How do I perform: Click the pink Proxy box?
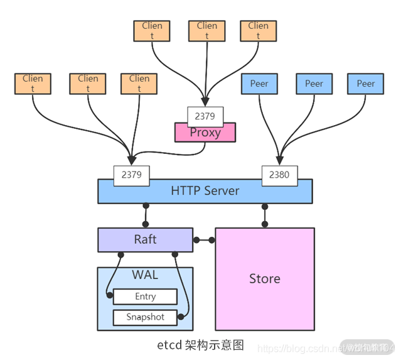pos(205,133)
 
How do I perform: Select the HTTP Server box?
pos(205,191)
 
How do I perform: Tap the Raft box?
pos(145,239)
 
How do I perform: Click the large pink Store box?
pos(264,278)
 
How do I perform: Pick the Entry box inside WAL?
pos(145,297)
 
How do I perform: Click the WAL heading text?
pos(145,275)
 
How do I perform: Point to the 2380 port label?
pos(279,175)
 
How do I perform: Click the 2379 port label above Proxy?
pos(205,116)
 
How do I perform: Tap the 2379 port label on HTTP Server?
pos(131,175)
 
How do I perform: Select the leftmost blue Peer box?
pos(259,84)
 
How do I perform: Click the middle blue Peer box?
pos(314,84)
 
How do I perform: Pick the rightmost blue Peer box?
pos(366,84)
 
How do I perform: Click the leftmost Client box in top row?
pos(152,31)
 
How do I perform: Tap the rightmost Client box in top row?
pos(258,31)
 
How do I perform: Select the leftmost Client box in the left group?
pos(33,84)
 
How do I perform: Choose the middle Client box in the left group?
pos(88,84)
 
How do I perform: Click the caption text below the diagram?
pos(200,345)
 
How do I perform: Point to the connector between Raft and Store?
pos(204,239)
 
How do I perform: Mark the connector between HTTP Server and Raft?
pos(146,215)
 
